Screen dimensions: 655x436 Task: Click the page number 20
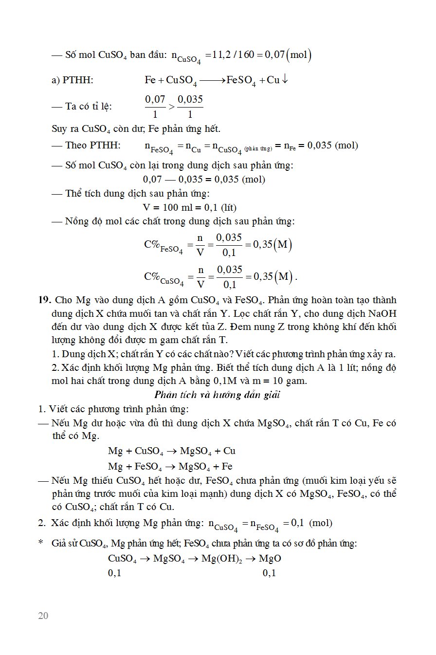(43, 616)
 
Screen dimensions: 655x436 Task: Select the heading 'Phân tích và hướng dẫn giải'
(217, 394)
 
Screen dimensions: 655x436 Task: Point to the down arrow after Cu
(285, 79)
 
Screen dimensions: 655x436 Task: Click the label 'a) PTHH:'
(72, 80)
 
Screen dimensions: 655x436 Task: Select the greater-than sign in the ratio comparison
(171, 107)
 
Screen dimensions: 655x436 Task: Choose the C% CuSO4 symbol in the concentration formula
(163, 278)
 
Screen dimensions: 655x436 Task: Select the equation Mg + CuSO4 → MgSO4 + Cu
(172, 451)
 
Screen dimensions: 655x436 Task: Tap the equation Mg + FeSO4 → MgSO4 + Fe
(170, 466)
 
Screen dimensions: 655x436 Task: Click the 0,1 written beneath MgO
(269, 573)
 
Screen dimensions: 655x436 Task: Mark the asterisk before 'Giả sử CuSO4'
(41, 543)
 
